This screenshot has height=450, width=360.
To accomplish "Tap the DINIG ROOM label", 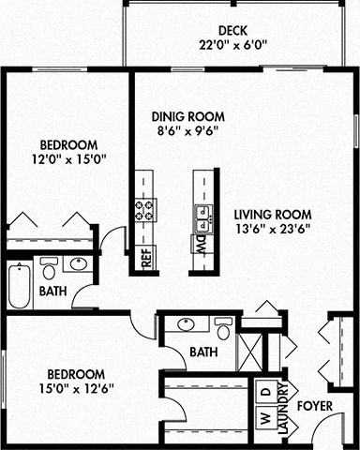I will tap(188, 117).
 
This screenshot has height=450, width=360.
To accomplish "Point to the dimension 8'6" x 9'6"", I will tap(188, 131).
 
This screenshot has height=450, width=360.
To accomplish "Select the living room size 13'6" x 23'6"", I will tap(272, 228).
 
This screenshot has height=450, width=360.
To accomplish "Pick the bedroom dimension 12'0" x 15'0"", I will tap(68, 158).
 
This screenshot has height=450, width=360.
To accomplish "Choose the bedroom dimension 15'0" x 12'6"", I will tap(68, 387).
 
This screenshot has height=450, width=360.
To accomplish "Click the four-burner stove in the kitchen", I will tap(145, 209).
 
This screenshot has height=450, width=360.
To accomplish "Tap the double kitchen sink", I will tap(201, 219).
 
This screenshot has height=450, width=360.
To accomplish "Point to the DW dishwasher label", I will tap(201, 246).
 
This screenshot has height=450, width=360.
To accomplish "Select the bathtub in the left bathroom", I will tap(20, 286).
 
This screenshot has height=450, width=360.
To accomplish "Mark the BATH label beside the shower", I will tap(203, 352).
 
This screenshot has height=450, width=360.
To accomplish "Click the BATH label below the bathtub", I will tap(53, 292).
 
